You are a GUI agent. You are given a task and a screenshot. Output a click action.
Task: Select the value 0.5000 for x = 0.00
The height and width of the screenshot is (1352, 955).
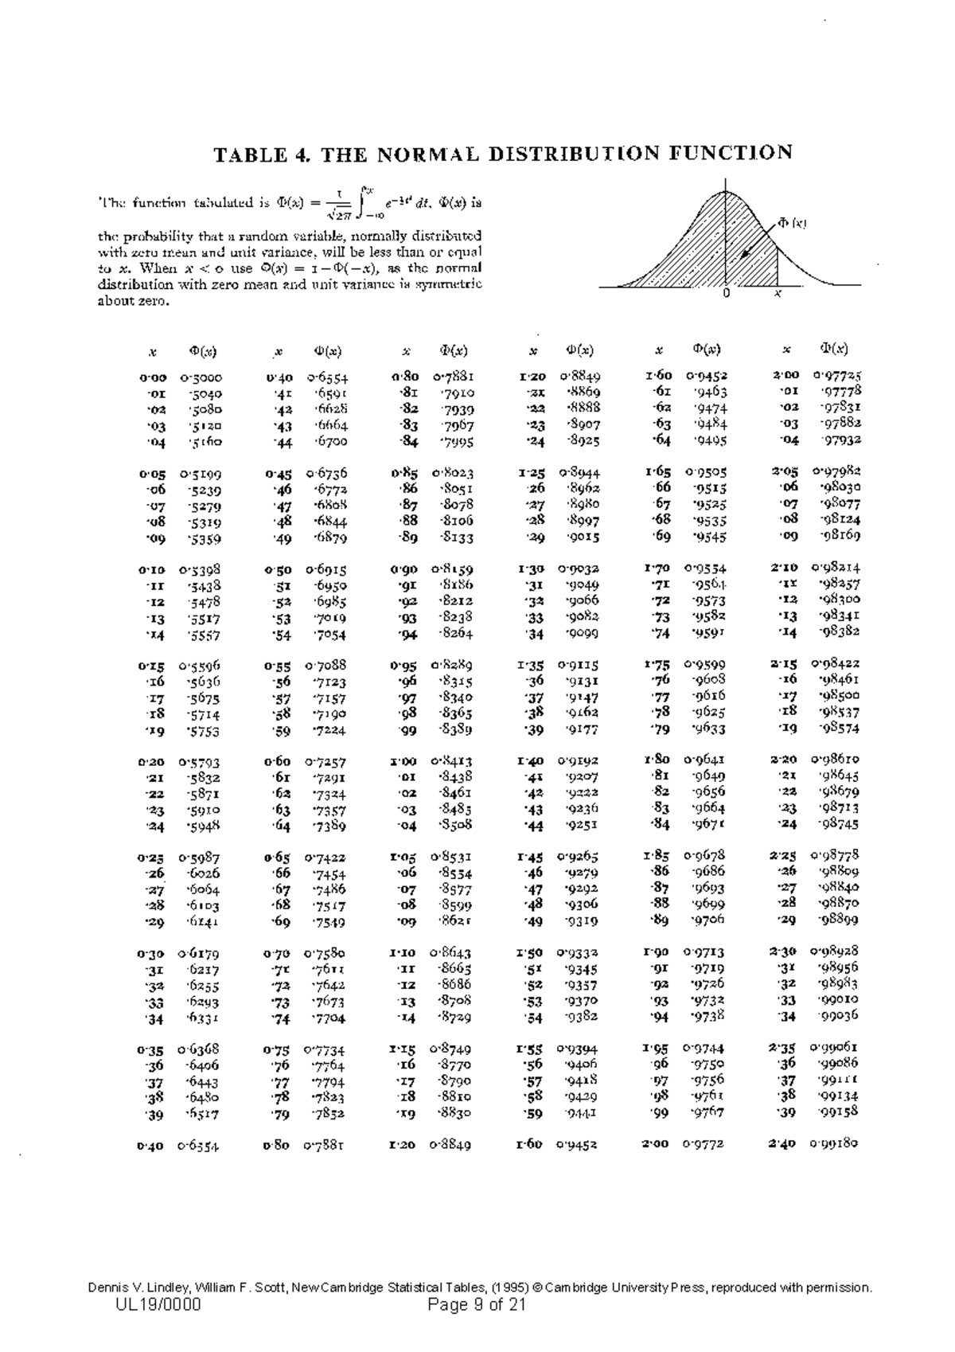pos(201,377)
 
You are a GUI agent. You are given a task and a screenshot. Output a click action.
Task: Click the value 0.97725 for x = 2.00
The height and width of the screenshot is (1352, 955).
pos(836,374)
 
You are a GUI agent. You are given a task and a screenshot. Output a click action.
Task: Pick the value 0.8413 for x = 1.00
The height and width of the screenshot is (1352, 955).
pos(452,761)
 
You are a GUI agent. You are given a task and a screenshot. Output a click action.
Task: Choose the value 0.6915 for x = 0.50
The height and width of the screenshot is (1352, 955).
pos(325,570)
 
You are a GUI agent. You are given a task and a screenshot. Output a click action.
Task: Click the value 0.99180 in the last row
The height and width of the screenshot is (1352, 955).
pos(834,1143)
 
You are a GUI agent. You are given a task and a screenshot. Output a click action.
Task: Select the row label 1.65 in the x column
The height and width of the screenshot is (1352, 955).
pos(658,471)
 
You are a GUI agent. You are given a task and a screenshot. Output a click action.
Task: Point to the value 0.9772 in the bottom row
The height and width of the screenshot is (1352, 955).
pos(704,1144)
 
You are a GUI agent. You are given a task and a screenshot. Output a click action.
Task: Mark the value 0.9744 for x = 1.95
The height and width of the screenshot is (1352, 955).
pos(704,1049)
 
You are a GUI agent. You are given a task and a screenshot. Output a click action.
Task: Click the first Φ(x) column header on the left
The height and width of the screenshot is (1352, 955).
pos(203,351)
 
